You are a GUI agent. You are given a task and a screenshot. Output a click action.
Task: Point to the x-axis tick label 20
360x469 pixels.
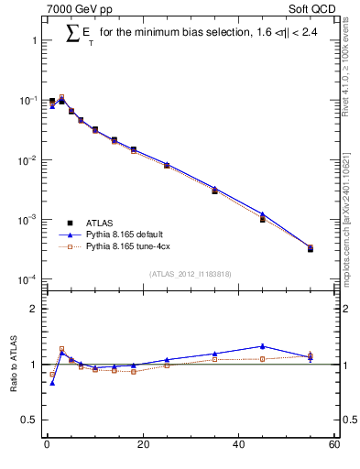tap(143, 445)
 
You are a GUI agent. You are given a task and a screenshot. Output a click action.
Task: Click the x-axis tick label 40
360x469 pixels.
tap(239, 445)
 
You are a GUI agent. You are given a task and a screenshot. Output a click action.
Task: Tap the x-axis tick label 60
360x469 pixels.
tap(334, 445)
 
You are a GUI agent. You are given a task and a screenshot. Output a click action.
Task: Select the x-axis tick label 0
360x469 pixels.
tap(47, 445)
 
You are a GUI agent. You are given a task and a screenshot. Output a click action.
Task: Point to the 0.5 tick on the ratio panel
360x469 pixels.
tap(30, 420)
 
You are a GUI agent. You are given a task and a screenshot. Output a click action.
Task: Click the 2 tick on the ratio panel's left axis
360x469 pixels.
tap(34, 309)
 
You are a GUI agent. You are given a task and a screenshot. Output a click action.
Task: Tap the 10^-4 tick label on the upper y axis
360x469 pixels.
tap(27, 279)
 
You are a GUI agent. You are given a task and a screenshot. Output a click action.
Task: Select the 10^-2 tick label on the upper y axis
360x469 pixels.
tap(27, 160)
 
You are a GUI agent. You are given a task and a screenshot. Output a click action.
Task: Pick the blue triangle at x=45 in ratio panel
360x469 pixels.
tap(263, 346)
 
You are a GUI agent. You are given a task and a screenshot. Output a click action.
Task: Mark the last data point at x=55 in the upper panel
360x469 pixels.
tap(311, 248)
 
